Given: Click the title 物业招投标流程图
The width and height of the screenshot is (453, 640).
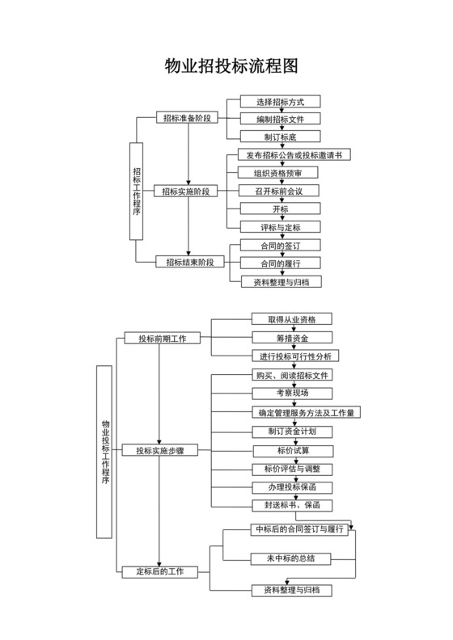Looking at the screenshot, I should click(x=226, y=66).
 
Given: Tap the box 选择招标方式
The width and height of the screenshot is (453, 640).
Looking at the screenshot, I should click(x=280, y=102).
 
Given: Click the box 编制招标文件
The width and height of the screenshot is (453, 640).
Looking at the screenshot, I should click(x=280, y=120).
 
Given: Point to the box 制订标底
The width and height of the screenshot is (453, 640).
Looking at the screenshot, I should click(x=280, y=137).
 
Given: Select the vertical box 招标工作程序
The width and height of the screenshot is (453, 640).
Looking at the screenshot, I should click(x=137, y=191).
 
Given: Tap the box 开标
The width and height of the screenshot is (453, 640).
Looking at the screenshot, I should click(x=280, y=208).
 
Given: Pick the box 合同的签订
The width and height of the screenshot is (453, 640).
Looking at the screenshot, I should click(x=280, y=245).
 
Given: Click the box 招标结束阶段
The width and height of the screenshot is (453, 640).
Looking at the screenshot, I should click(x=188, y=263).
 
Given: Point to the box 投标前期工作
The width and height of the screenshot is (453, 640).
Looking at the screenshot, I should click(x=162, y=338).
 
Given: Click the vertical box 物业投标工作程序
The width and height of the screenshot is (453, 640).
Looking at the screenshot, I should click(x=104, y=451).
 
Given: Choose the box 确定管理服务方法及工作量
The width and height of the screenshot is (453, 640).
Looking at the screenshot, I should click(x=303, y=412).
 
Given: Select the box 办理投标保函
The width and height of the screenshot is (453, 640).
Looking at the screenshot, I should click(x=291, y=486).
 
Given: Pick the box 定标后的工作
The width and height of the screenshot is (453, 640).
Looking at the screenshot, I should click(x=159, y=572).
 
